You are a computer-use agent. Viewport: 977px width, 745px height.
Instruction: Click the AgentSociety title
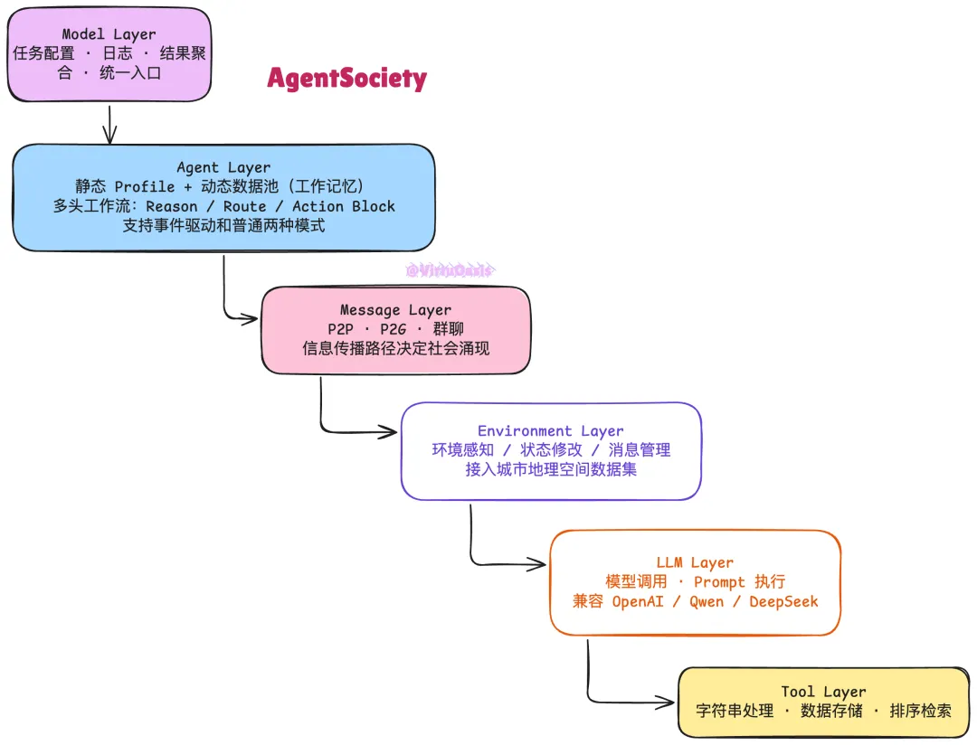[x=346, y=79]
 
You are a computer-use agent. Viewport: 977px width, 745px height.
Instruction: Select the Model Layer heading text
[x=109, y=34]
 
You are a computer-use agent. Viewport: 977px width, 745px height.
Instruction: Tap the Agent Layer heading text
[x=223, y=167]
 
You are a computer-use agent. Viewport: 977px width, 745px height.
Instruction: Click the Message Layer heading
[x=395, y=310]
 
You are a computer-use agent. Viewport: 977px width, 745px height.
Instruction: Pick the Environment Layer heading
[x=551, y=431]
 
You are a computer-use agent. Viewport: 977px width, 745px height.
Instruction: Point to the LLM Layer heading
[x=695, y=562]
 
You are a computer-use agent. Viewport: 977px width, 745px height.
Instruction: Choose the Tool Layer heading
[x=823, y=692]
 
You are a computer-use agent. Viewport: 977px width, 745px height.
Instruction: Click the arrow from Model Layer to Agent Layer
[x=109, y=124]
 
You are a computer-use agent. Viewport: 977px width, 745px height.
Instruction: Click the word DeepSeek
[x=783, y=601]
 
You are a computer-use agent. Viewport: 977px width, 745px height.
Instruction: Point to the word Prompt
[x=719, y=582]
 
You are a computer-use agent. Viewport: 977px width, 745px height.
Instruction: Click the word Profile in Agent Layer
[x=145, y=186]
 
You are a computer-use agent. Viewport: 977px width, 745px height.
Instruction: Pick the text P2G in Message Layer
[x=394, y=329]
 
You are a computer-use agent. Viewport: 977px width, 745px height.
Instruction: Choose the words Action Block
[x=344, y=206]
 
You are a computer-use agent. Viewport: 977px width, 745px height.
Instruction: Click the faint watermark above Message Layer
[x=450, y=270]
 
